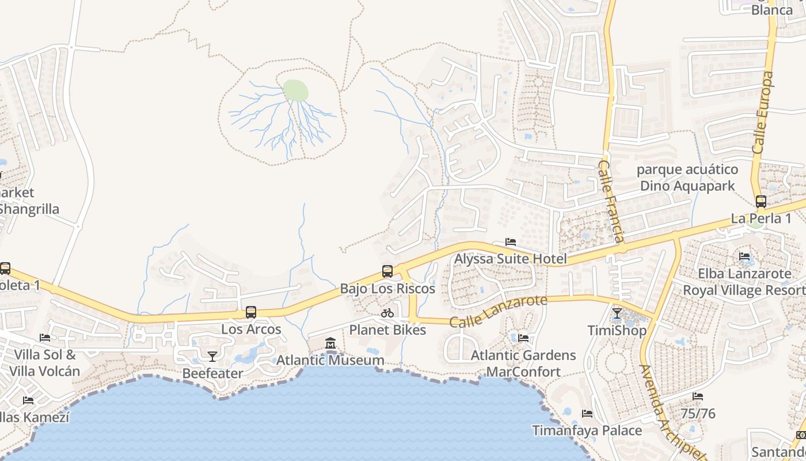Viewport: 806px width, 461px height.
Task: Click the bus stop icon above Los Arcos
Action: point(251,312)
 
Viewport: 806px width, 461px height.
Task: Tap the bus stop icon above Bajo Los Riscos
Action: point(387,271)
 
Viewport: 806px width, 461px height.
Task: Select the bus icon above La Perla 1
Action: point(761,202)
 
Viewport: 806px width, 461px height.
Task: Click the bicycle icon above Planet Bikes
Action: point(387,313)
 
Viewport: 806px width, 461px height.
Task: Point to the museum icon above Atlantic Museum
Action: point(330,343)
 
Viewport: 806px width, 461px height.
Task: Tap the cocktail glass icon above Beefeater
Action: point(212,357)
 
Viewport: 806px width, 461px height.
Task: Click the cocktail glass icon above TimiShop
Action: point(617,313)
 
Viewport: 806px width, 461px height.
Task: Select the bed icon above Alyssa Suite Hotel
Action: point(510,242)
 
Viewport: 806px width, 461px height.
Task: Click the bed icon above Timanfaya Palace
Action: point(587,414)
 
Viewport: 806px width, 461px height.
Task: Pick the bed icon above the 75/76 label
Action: point(698,396)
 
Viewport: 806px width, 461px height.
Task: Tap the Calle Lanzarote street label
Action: point(498,312)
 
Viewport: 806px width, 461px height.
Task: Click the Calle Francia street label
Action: point(611,202)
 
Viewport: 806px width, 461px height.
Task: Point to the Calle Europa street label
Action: point(763,112)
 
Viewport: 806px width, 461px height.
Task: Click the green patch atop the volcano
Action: point(295,90)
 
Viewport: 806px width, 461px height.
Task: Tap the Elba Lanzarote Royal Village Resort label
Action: point(744,282)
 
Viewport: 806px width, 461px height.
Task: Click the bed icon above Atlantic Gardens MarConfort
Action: point(523,338)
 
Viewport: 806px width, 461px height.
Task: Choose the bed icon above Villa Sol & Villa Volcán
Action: point(44,338)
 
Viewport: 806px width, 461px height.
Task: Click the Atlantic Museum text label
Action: point(330,360)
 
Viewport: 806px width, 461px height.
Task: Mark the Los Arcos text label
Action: point(252,329)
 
